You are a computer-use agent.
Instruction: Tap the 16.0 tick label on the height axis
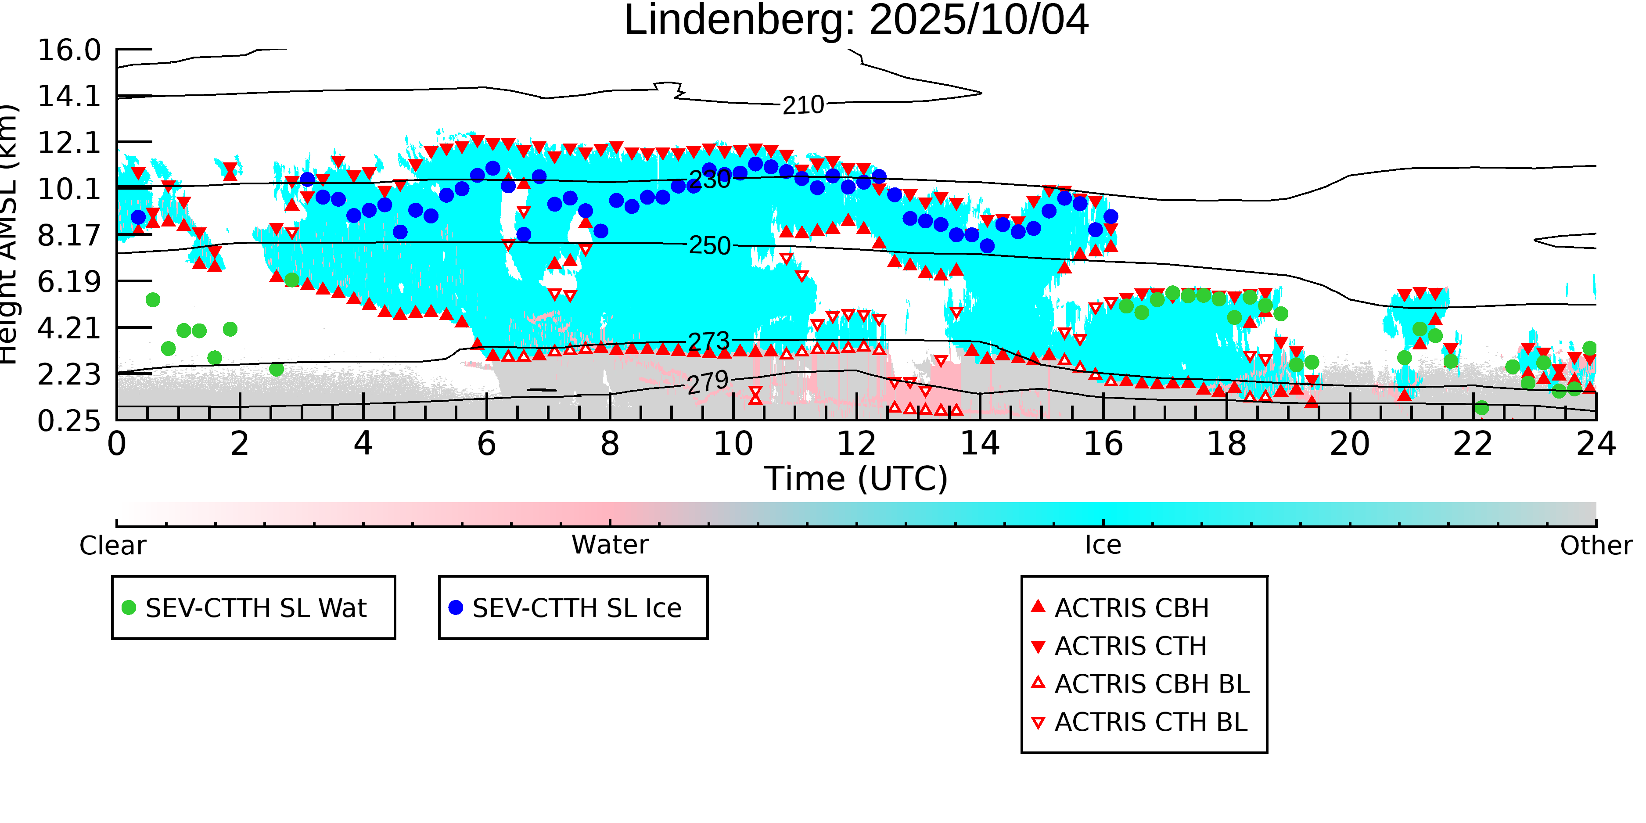[69, 50]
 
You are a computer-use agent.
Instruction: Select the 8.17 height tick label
[69, 236]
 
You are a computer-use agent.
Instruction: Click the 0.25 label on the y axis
[69, 421]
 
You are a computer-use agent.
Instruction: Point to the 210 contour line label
[803, 105]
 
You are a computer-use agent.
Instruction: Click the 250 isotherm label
[709, 246]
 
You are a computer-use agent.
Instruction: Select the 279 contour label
[708, 383]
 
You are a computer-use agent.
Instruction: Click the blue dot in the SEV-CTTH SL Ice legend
[456, 607]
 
